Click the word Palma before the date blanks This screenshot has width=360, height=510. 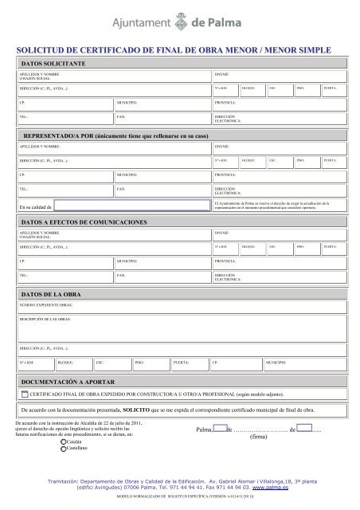205,430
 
